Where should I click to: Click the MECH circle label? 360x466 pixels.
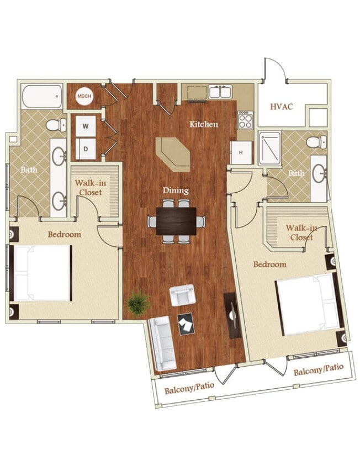click(x=84, y=97)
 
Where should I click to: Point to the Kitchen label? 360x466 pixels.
click(x=204, y=124)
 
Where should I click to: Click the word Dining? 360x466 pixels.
click(x=176, y=190)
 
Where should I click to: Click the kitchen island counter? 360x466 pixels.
click(x=173, y=153)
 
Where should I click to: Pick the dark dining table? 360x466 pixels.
click(x=176, y=221)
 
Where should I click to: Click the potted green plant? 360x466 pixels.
click(x=137, y=303)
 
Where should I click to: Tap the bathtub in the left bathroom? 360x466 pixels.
click(x=43, y=97)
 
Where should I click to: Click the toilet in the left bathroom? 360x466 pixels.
click(x=55, y=125)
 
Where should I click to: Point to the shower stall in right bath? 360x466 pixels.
click(x=270, y=147)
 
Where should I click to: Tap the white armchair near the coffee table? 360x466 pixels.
click(x=182, y=295)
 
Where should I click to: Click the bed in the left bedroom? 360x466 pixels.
click(x=42, y=273)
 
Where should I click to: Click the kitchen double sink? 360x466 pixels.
click(x=220, y=92)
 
